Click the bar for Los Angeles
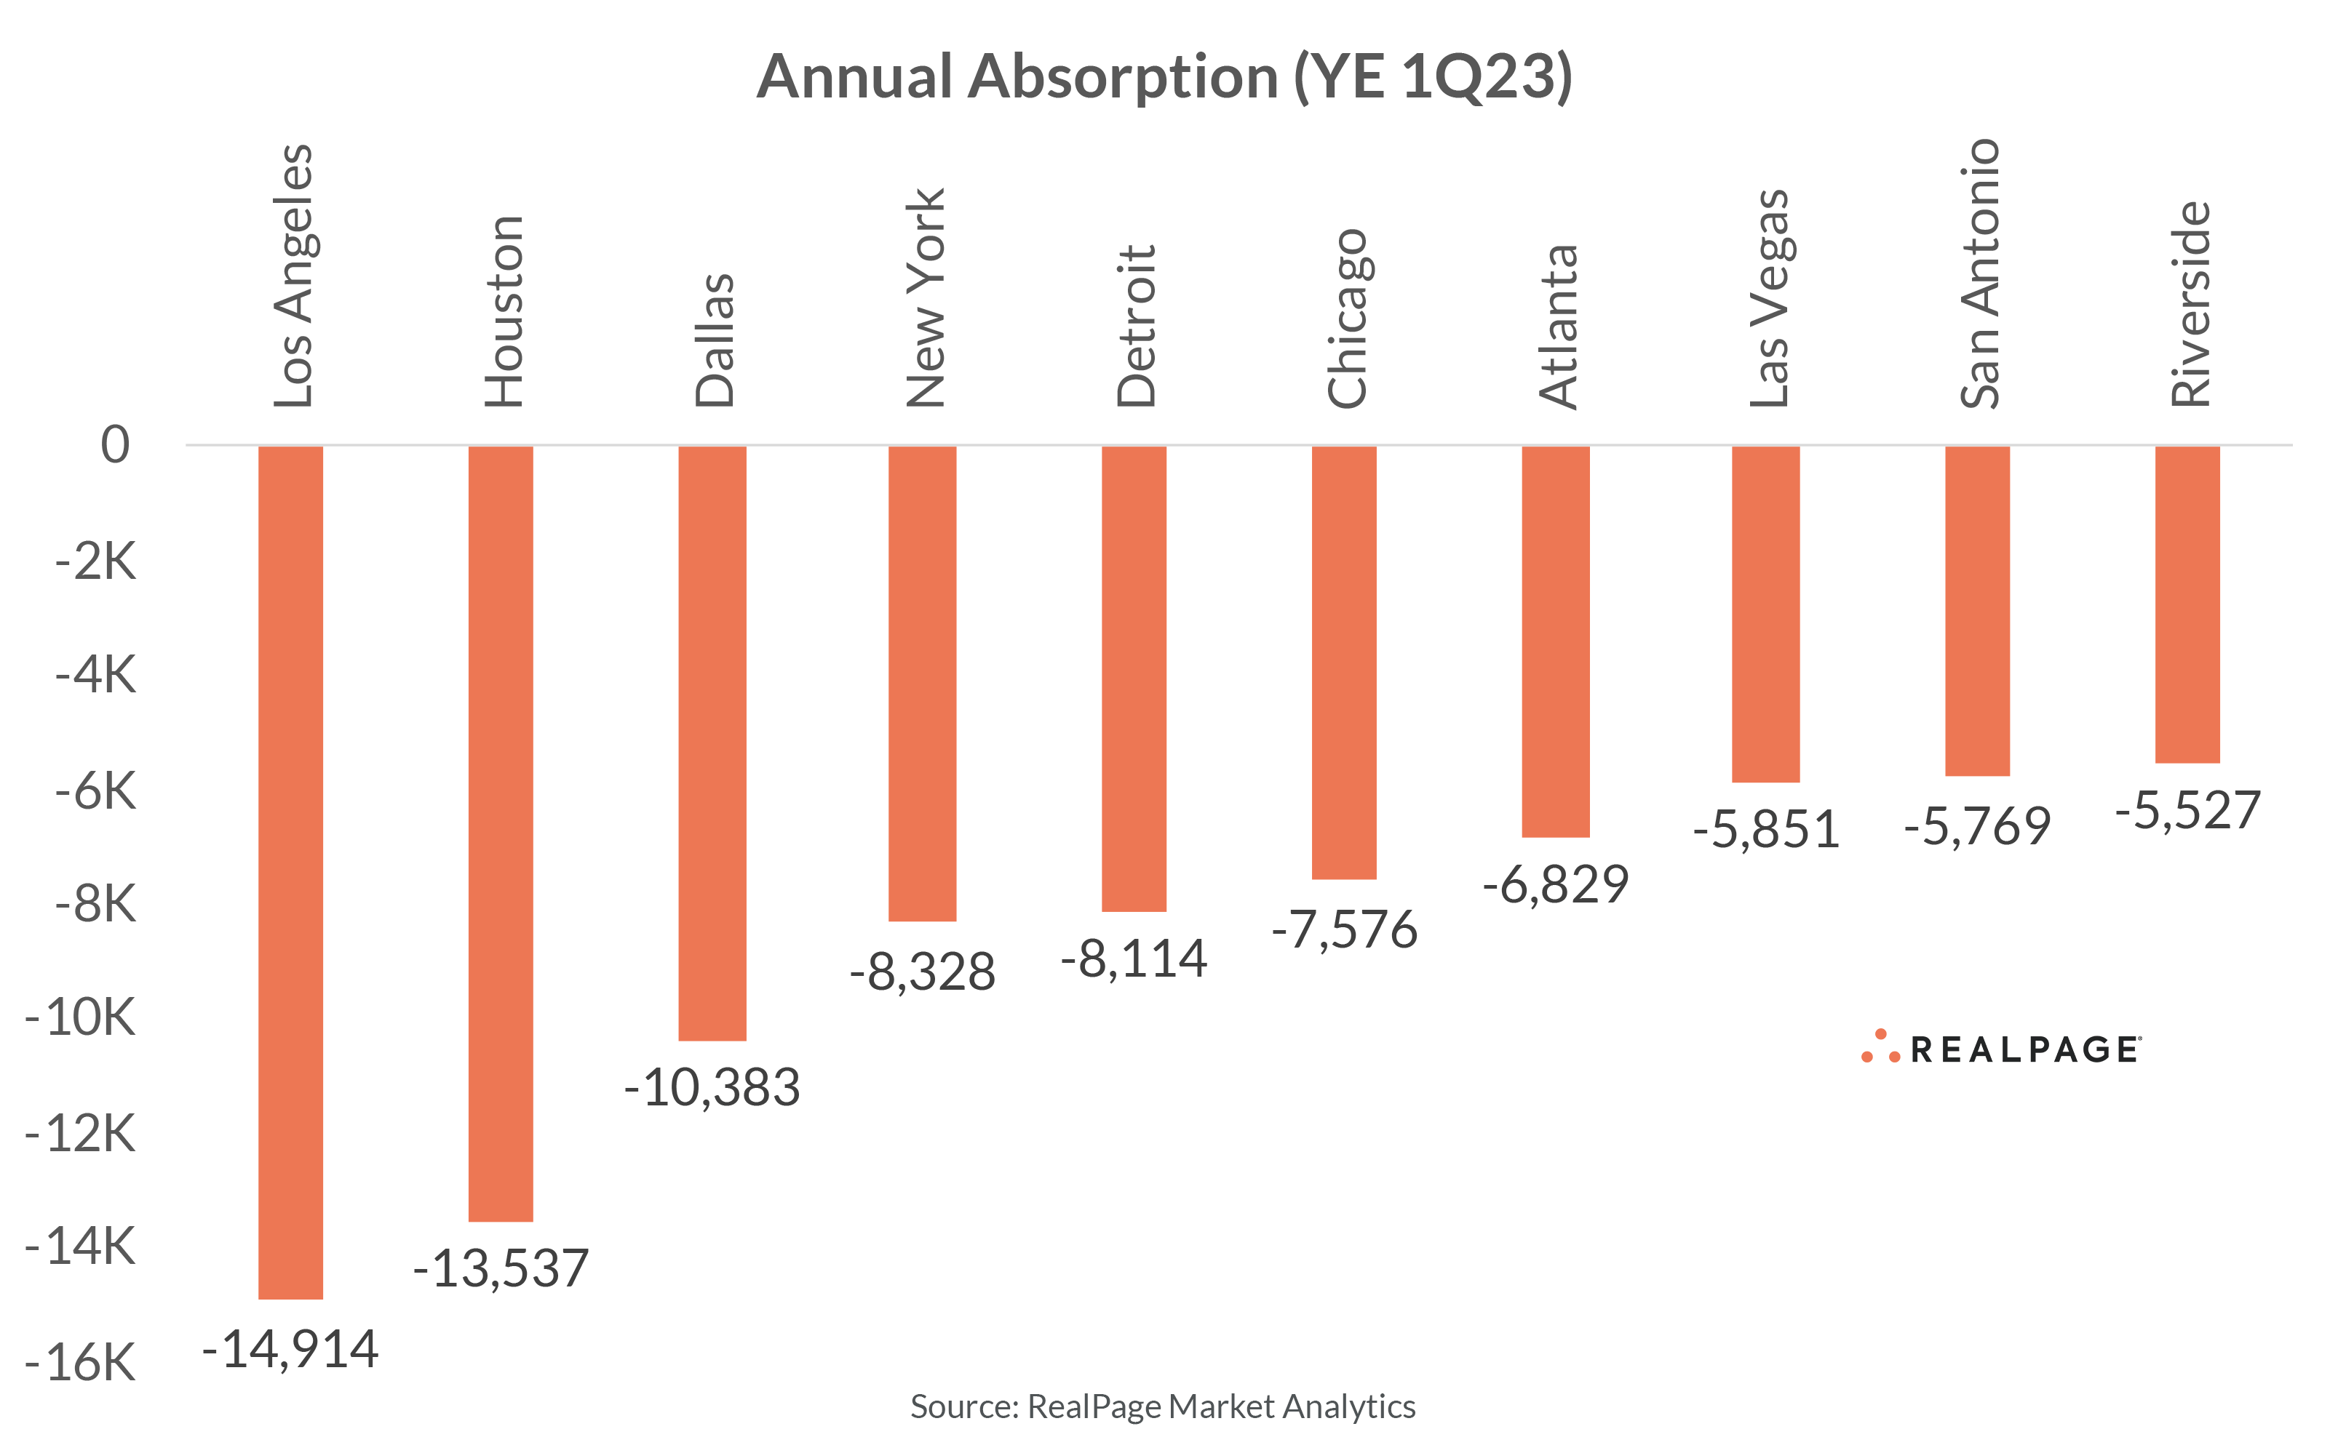(x=290, y=872)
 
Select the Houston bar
(x=500, y=833)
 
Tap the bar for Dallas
(x=712, y=742)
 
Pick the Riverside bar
(x=2187, y=604)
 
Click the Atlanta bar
(x=1556, y=641)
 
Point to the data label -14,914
(x=290, y=1350)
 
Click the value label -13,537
(x=500, y=1268)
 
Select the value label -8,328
(x=923, y=972)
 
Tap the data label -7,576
(x=1344, y=929)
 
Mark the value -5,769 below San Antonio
(x=1977, y=825)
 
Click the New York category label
(x=926, y=298)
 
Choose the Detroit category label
(x=1136, y=327)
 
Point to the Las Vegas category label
(x=1769, y=298)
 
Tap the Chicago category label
(x=1346, y=319)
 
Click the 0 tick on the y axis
(x=115, y=444)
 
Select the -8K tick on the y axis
(x=95, y=903)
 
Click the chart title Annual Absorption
(x=1164, y=76)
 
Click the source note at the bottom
(x=1163, y=1406)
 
